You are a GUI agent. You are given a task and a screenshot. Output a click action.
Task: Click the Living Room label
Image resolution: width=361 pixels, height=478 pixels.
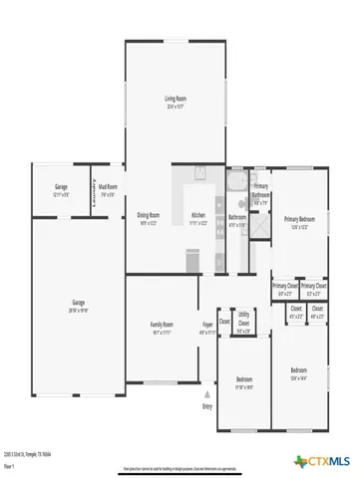[x=176, y=99]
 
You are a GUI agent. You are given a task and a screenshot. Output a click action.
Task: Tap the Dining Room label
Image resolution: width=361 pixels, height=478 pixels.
[x=150, y=216]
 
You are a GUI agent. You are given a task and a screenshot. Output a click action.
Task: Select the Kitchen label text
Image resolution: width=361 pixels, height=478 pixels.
[x=198, y=216]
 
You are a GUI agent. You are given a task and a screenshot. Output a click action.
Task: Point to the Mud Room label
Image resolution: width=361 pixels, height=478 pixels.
[x=108, y=188]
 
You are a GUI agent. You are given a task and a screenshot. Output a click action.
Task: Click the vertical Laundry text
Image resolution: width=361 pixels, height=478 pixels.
[x=94, y=198]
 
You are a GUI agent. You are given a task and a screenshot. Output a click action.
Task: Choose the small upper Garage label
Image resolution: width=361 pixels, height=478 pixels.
[x=61, y=188]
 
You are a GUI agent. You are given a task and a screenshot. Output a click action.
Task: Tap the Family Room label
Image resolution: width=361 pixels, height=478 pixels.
[x=162, y=326]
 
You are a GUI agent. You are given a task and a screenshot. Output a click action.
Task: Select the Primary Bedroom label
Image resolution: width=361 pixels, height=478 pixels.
[x=299, y=219]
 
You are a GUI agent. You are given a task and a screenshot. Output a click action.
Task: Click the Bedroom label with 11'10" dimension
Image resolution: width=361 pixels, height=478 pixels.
[x=244, y=380]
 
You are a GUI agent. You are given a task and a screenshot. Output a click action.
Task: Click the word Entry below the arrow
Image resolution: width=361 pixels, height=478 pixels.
[x=207, y=406]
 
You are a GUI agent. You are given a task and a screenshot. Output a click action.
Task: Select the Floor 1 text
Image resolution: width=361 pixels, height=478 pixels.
[x=10, y=465]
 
